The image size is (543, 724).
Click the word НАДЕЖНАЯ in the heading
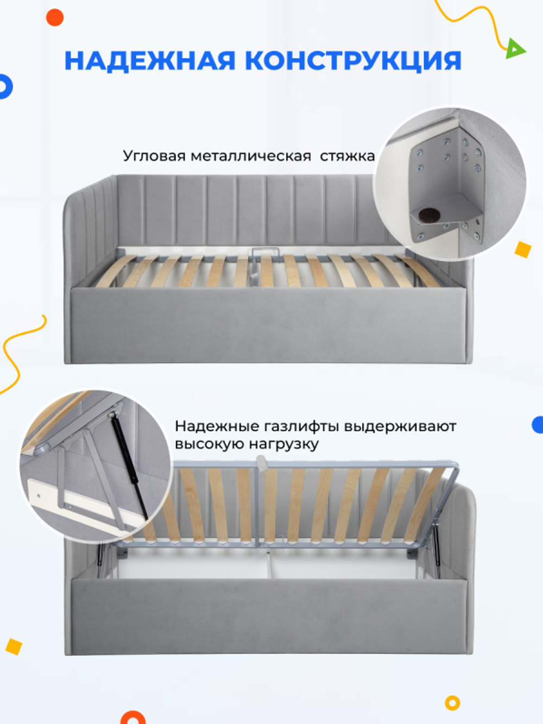[149, 60]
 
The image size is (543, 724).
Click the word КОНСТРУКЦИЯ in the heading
[353, 60]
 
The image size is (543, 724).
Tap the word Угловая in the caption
[154, 156]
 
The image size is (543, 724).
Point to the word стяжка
[347, 156]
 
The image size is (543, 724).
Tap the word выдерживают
[400, 426]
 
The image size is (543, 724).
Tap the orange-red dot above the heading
[55, 17]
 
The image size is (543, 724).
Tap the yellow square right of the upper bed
[522, 250]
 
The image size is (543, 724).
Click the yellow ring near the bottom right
[452, 703]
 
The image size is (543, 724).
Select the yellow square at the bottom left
[14, 647]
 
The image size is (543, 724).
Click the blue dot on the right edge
[538, 425]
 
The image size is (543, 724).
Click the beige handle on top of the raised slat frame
[262, 463]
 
